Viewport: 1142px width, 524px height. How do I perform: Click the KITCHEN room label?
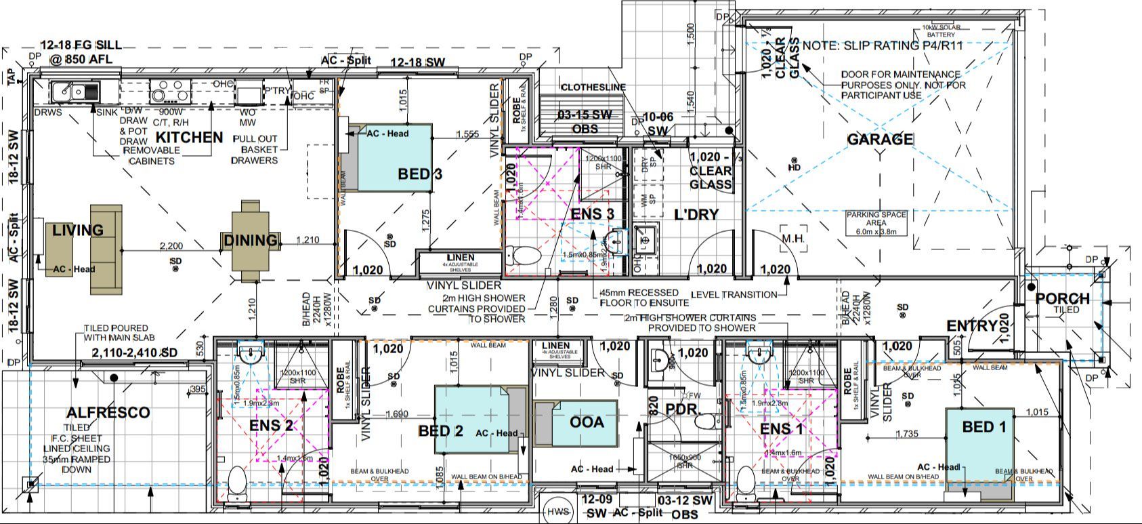(190, 137)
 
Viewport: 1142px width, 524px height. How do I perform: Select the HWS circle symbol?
(559, 512)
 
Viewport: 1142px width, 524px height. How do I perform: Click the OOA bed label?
(587, 422)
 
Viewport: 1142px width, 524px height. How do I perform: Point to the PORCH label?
(1062, 299)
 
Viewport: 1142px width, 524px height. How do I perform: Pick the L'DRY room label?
(696, 215)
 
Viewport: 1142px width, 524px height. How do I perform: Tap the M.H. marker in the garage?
(792, 239)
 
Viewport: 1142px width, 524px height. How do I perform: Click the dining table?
(251, 240)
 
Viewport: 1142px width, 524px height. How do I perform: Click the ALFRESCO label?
(108, 413)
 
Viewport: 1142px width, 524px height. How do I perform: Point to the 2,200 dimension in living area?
(171, 245)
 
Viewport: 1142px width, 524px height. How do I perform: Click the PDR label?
(680, 409)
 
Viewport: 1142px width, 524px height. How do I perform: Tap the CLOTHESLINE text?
(593, 87)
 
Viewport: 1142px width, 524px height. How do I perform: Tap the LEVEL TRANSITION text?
(734, 295)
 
